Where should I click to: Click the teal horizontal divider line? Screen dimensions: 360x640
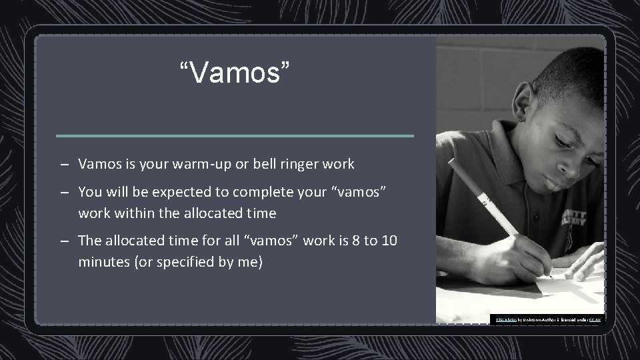(x=235, y=136)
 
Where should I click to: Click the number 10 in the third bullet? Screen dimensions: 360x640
(x=390, y=241)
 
